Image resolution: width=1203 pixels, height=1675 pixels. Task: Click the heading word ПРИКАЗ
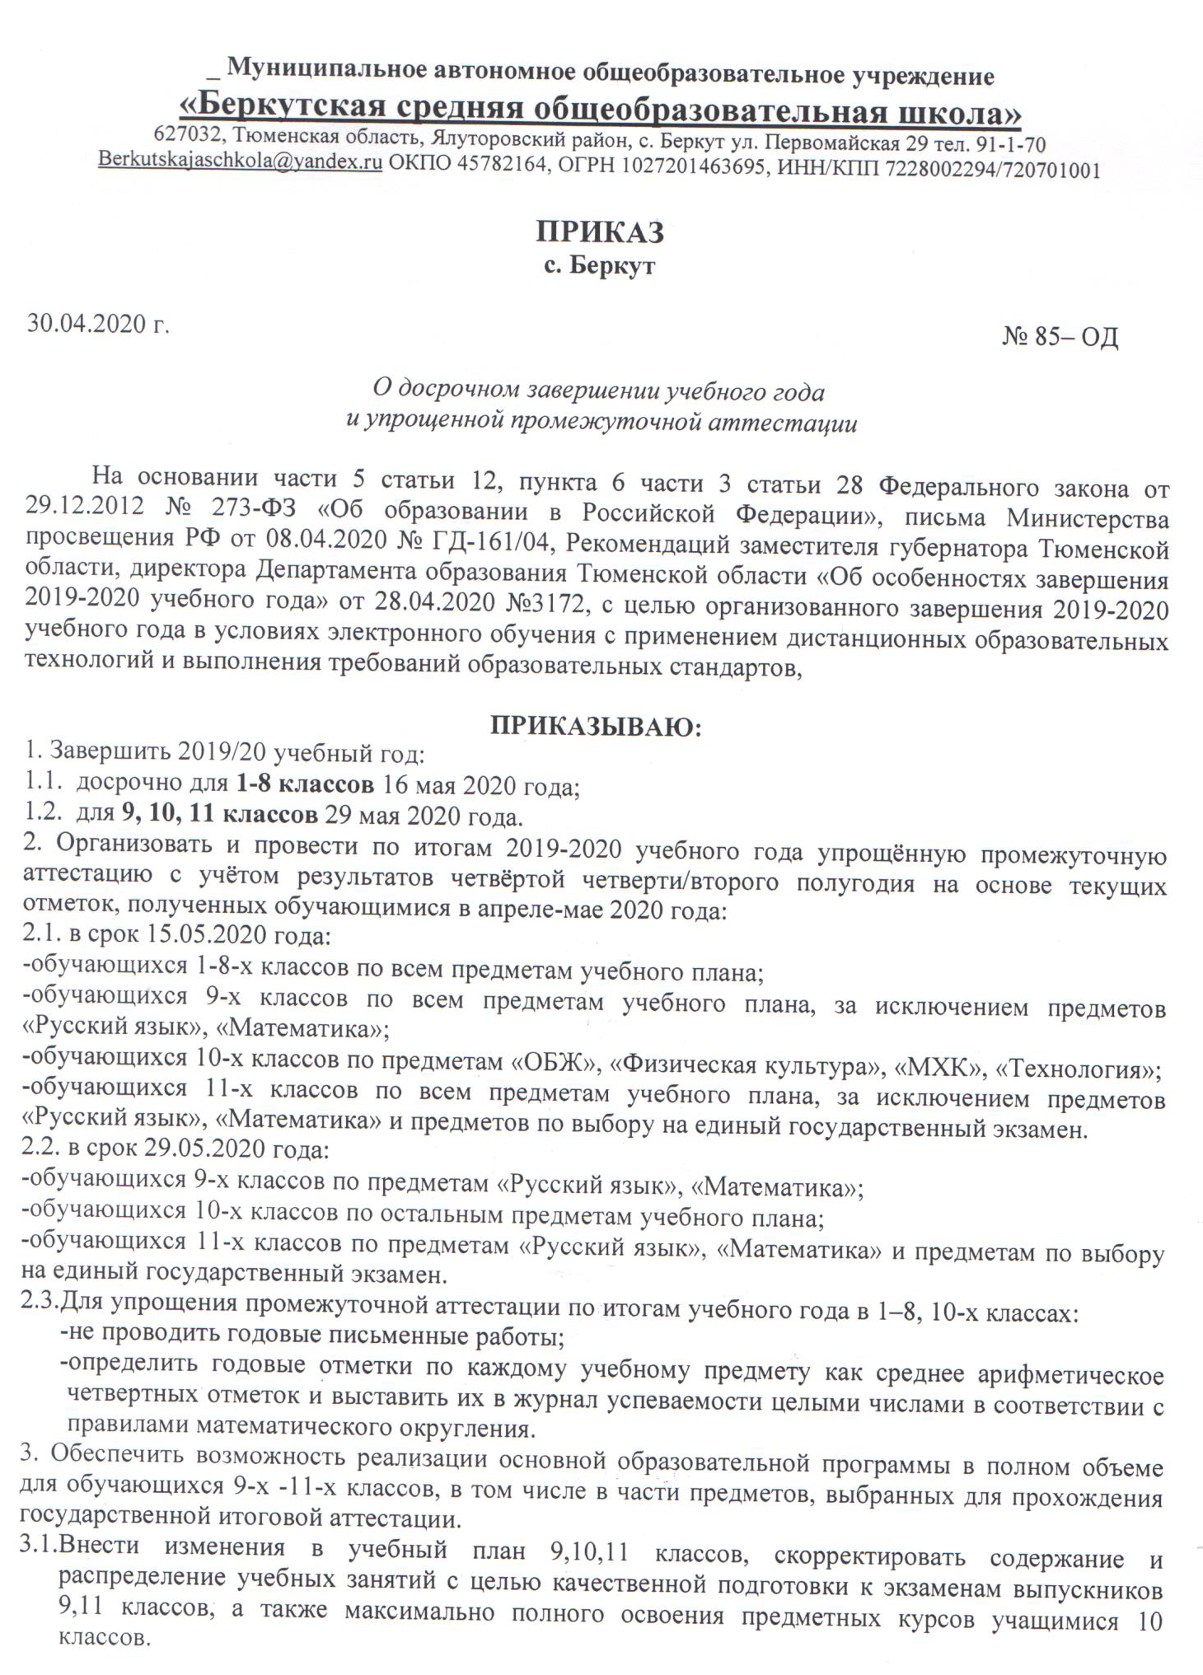pyautogui.click(x=600, y=232)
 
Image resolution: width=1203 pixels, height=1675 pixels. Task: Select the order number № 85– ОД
pyautogui.click(x=1060, y=337)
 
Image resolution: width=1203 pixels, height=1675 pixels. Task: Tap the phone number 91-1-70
pyautogui.click(x=1011, y=144)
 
